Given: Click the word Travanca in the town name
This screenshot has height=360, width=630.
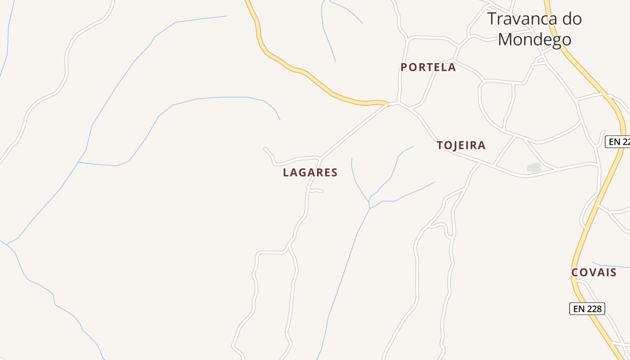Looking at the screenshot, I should pyautogui.click(x=519, y=19).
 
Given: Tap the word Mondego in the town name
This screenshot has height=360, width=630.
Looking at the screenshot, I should pyautogui.click(x=535, y=40).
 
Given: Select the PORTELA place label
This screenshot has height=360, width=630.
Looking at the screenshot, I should pyautogui.click(x=428, y=67).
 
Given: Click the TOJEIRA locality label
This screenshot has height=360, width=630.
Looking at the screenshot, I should pyautogui.click(x=461, y=145).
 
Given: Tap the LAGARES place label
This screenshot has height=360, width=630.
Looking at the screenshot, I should pyautogui.click(x=310, y=172).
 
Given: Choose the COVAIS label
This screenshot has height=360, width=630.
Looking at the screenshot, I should pyautogui.click(x=594, y=273).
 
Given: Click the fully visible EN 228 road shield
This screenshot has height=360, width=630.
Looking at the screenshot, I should pyautogui.click(x=587, y=309).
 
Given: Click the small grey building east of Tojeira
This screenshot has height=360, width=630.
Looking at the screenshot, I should pyautogui.click(x=534, y=168).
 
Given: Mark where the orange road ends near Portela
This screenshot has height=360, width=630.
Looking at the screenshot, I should pyautogui.click(x=387, y=104).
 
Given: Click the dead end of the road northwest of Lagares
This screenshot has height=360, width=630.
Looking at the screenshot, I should pyautogui.click(x=265, y=148).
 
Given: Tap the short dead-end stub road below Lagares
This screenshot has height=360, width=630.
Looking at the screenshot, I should pyautogui.click(x=322, y=192).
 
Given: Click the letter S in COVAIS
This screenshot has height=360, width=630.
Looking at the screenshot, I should pyautogui.click(x=613, y=273).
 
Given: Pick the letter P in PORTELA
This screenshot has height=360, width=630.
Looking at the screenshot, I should pyautogui.click(x=404, y=67).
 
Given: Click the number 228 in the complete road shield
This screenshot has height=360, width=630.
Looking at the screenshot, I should pyautogui.click(x=594, y=309).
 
